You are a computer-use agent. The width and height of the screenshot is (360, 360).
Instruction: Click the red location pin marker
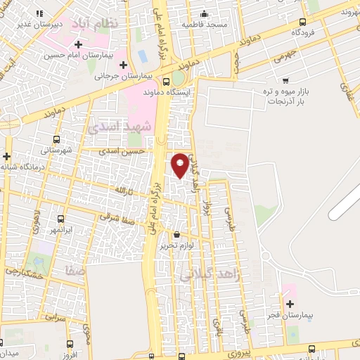pos(180,165)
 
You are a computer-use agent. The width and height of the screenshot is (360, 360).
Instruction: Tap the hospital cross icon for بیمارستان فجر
pos(290,304)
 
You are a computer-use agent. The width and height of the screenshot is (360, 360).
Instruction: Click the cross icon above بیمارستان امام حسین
pos(79,45)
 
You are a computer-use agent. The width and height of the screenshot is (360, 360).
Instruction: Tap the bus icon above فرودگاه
pos(303,22)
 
